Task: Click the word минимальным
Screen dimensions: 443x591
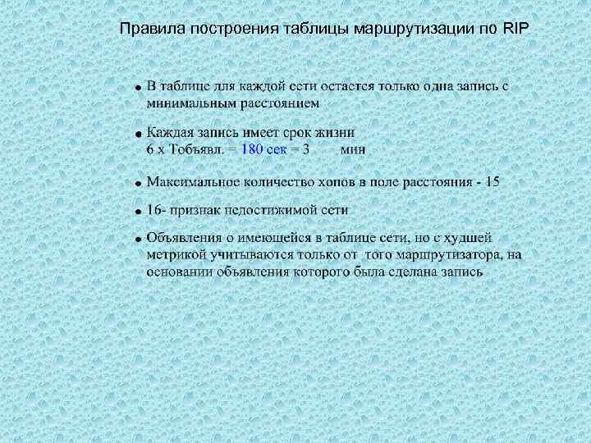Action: click(x=191, y=103)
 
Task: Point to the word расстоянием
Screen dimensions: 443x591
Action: click(x=279, y=103)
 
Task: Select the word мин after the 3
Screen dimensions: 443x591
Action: click(x=353, y=149)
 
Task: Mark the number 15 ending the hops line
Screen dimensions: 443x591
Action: click(x=491, y=181)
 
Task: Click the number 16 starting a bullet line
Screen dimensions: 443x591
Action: click(x=154, y=210)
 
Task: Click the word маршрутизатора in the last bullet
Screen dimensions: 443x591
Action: click(x=447, y=255)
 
